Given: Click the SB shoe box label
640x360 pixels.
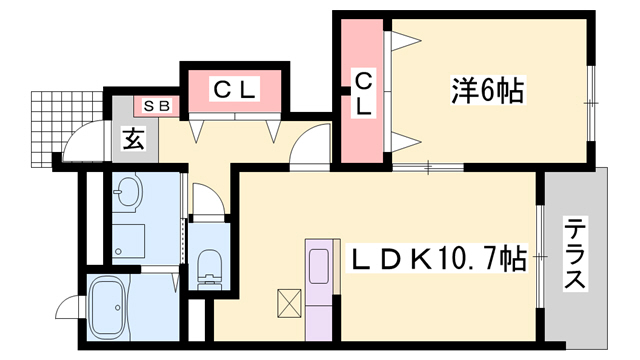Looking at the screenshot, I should pos(156,105).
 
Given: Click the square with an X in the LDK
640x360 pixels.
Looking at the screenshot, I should pos(289,302).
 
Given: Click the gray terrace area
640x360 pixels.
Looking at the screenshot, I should pos(575,300).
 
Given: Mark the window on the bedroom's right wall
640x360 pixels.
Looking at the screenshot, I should pos(592,100).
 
